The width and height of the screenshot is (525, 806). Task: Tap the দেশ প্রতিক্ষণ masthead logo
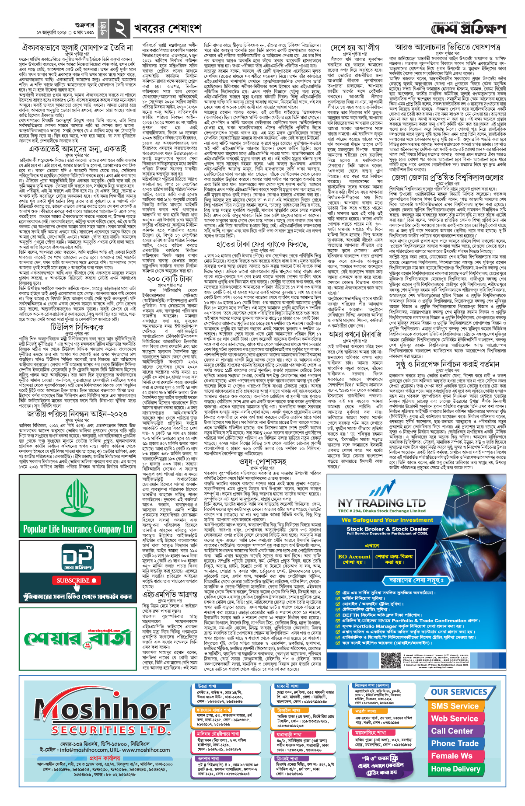point(468,29)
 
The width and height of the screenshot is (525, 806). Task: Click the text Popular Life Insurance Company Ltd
point(78,529)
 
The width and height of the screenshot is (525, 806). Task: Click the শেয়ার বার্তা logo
point(78,639)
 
